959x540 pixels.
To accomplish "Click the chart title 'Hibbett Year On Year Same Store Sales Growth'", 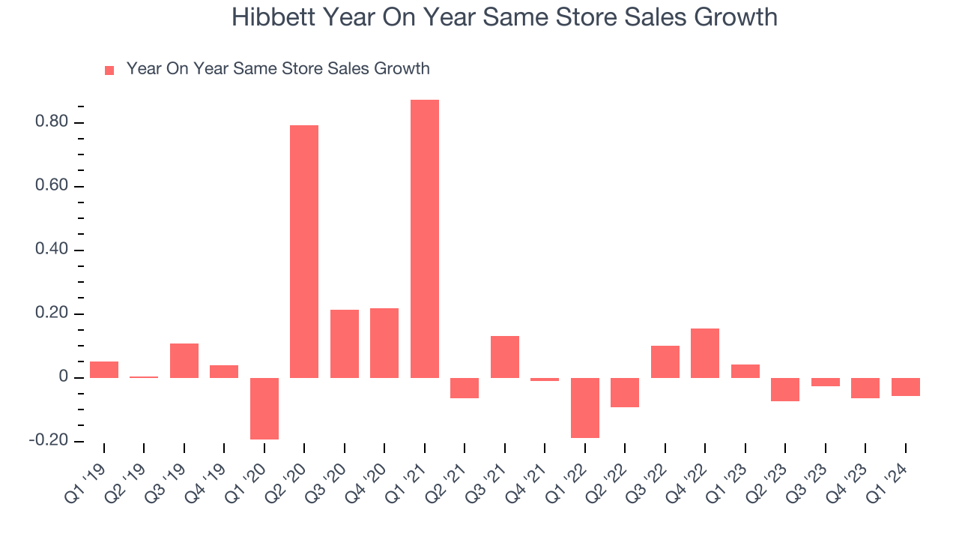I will point(504,17).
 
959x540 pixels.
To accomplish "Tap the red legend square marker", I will point(109,70).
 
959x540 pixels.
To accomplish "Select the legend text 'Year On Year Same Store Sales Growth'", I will point(278,69).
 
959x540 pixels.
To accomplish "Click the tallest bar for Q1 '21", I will point(425,238).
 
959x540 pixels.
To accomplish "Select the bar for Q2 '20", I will point(304,251).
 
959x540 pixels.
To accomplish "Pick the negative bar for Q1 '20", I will point(264,408).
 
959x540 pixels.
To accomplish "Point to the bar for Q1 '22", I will point(585,407).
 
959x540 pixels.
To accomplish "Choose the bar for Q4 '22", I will point(705,352).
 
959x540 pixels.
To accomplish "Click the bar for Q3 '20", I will point(345,343).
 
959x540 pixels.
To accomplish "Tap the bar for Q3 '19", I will point(184,360).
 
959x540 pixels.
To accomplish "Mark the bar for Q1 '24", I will point(906,386).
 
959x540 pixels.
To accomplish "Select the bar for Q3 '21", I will point(505,356).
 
